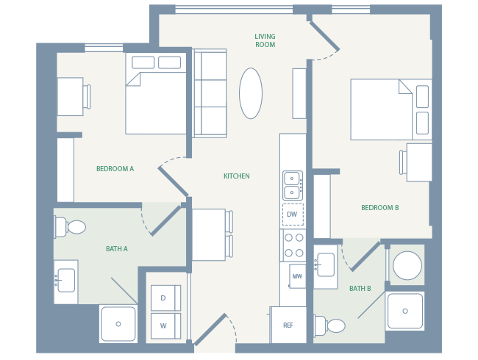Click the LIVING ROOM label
265,40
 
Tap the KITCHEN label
236,176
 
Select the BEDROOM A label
115,169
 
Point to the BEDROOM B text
379,208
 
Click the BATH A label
116,249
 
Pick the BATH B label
360,289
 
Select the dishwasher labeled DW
292,215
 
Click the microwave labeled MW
297,276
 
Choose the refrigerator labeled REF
288,325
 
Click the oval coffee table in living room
251,93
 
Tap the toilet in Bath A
71,227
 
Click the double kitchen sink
292,185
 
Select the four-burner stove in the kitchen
293,245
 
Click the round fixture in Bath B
407,265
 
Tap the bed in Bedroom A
156,94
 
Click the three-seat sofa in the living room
210,93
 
